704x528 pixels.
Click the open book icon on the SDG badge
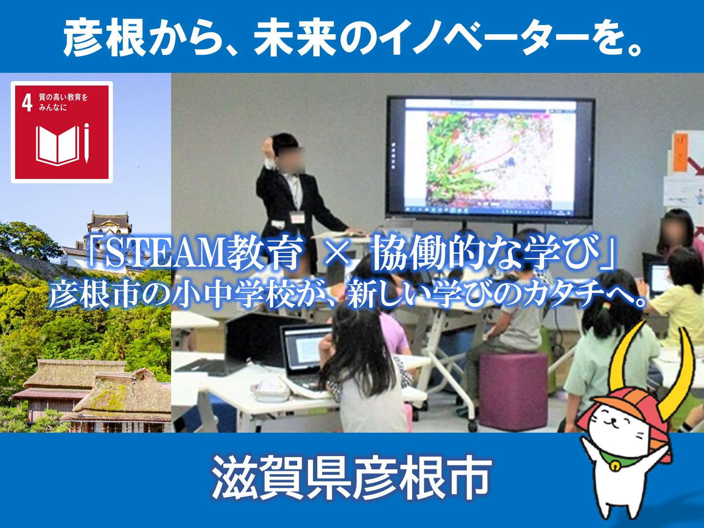click(57, 145)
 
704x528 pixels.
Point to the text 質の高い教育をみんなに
click(63, 102)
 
